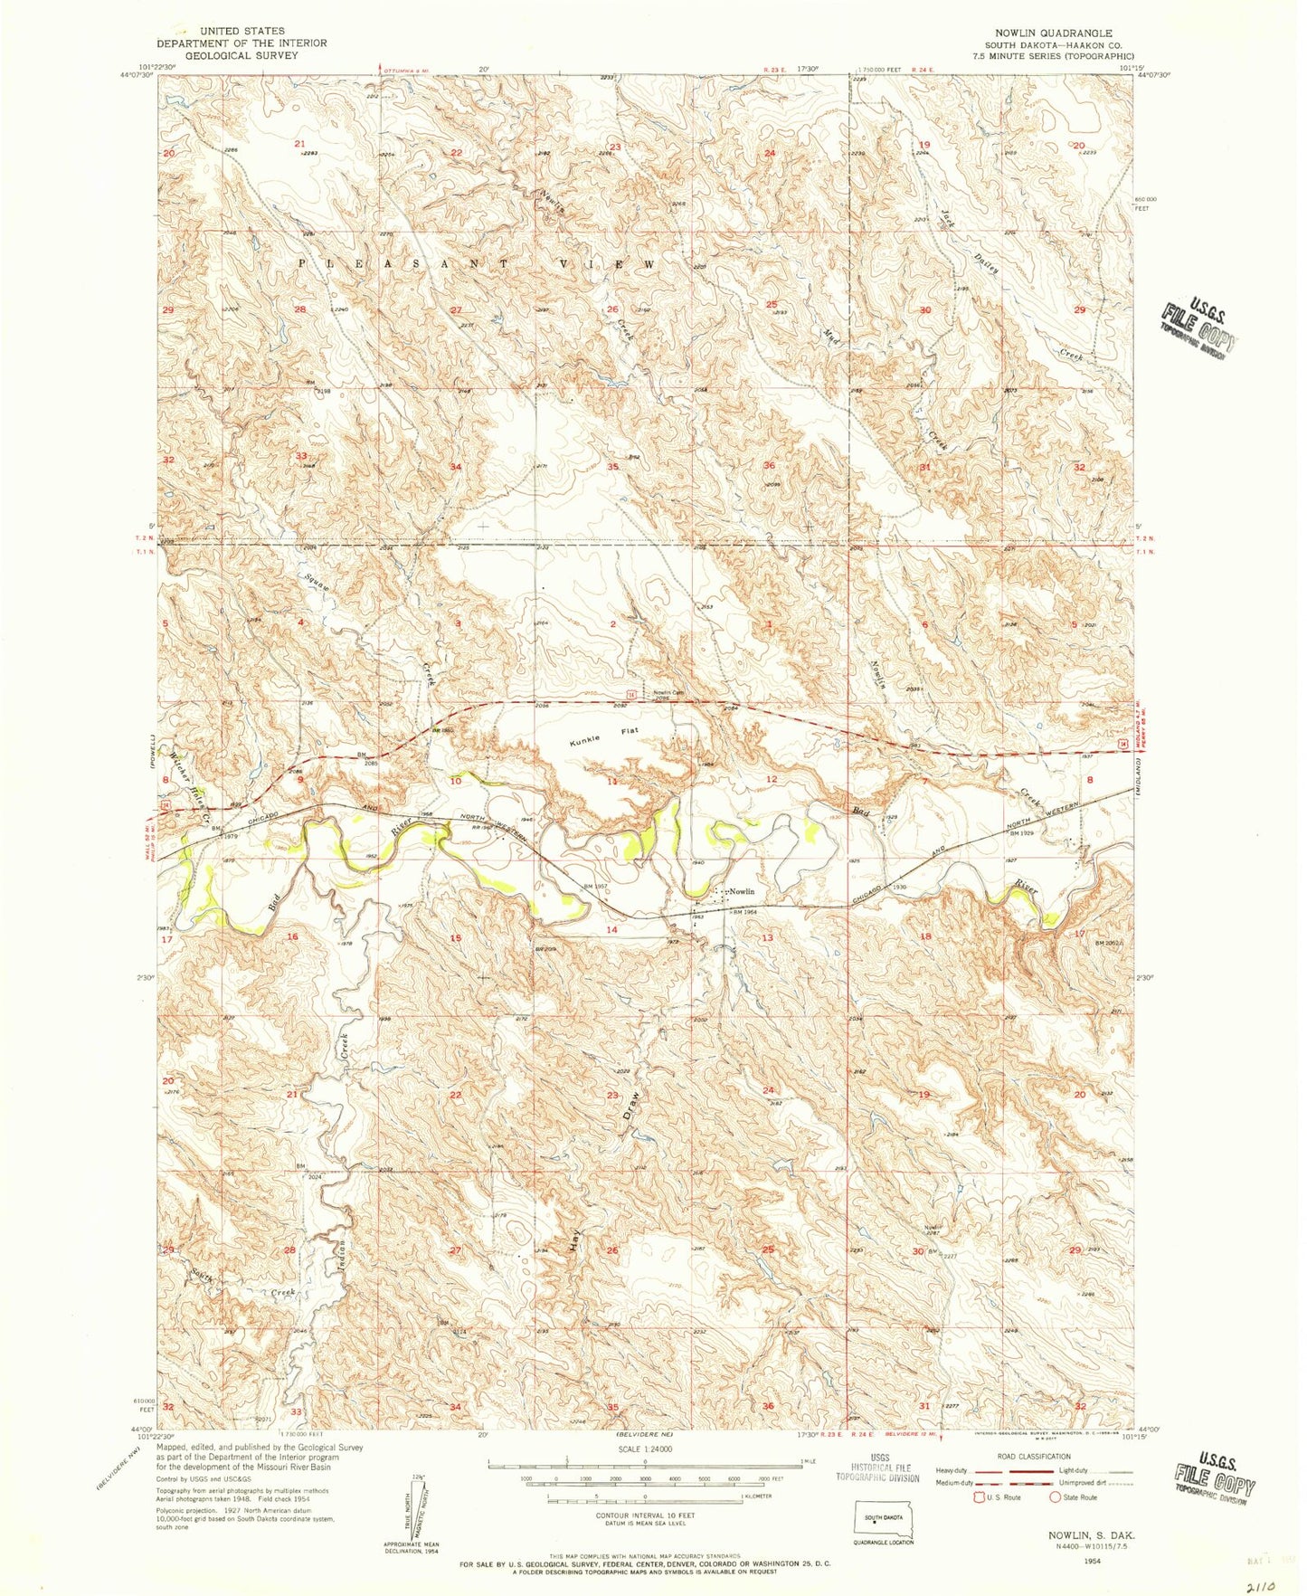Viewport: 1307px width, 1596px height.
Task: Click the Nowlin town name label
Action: (x=742, y=892)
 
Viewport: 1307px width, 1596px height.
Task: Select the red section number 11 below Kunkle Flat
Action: (x=612, y=781)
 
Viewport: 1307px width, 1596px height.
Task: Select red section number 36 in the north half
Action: (x=770, y=466)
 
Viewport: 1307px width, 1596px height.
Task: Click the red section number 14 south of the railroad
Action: (x=612, y=930)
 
